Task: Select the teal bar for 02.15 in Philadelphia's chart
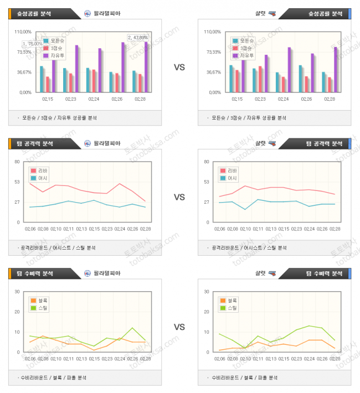pyautogui.click(x=42, y=79)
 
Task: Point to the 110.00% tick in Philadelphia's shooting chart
pyautogui.click(x=24, y=32)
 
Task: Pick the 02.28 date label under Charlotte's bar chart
pyautogui.click(x=329, y=99)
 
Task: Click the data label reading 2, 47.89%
pyautogui.click(x=138, y=37)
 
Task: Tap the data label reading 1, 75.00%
pyautogui.click(x=33, y=44)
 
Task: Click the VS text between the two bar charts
pyautogui.click(x=179, y=68)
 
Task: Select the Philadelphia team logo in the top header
pyautogui.click(x=88, y=13)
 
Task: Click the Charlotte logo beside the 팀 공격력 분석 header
pyautogui.click(x=271, y=143)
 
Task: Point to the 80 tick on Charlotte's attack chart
pyautogui.click(x=207, y=162)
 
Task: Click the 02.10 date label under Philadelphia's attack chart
pyautogui.click(x=56, y=229)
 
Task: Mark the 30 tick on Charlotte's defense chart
pyautogui.click(x=207, y=292)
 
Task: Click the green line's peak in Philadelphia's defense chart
pyautogui.click(x=132, y=328)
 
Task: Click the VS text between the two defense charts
pyautogui.click(x=179, y=327)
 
